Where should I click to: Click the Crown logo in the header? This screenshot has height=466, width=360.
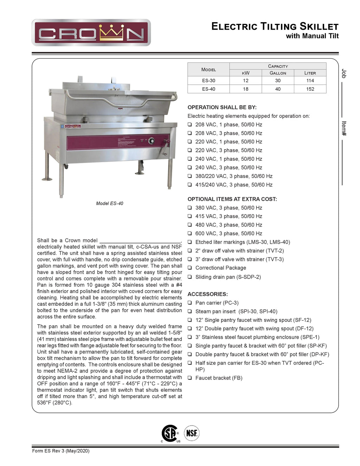(x=91, y=33)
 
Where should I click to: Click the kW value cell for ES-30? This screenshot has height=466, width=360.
(x=245, y=81)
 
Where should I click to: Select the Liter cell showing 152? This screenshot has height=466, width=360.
(x=310, y=89)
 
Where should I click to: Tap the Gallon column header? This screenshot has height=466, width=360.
(x=278, y=73)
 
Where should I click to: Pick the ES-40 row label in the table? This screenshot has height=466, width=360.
(x=208, y=89)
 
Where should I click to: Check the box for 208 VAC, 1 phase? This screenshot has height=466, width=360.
(x=189, y=125)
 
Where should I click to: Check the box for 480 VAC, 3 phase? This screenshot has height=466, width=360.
(x=189, y=225)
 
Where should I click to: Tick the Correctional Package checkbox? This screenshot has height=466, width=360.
(x=189, y=268)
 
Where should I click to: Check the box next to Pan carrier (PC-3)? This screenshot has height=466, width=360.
(x=189, y=303)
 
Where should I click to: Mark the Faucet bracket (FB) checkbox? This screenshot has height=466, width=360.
(x=189, y=378)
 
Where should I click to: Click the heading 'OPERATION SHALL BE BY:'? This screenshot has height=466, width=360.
(x=222, y=107)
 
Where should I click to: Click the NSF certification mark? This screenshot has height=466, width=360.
(x=192, y=433)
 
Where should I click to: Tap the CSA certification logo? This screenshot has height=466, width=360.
(x=170, y=433)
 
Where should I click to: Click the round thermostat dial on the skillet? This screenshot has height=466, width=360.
(x=151, y=141)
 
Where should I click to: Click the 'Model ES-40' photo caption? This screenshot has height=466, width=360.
(x=110, y=203)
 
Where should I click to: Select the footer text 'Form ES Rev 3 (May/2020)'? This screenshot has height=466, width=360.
(x=61, y=451)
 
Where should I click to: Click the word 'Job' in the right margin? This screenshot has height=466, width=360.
(x=344, y=74)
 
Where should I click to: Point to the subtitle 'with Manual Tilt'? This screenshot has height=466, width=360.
(x=312, y=36)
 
